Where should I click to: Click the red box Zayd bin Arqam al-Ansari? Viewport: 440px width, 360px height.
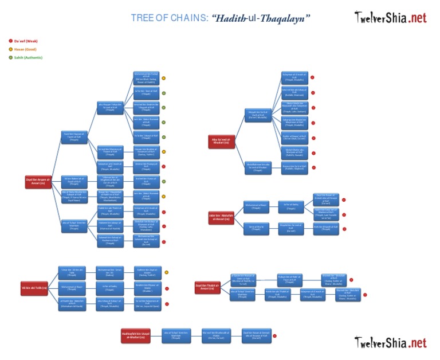tap(38, 181)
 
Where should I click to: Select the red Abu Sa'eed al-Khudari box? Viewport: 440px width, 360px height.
tap(222, 141)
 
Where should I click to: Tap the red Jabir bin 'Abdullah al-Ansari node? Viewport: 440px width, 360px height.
tap(219, 217)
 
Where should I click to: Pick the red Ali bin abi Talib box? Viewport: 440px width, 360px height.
tap(34, 287)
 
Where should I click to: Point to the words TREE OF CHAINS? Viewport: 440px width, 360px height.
tap(169, 18)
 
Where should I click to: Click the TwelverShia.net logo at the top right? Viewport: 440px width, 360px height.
tap(390, 17)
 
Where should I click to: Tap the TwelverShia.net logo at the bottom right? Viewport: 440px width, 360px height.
tap(390, 343)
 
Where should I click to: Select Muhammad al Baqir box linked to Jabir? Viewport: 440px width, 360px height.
tap(256, 205)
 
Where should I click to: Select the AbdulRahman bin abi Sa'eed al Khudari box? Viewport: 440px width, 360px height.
tap(257, 167)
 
